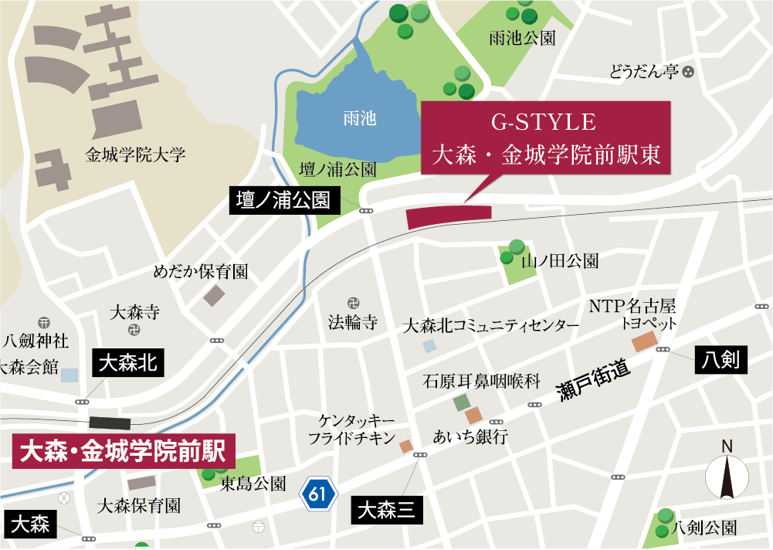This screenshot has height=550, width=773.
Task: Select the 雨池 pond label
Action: click(359, 119)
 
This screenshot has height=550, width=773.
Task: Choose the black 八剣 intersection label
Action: click(721, 359)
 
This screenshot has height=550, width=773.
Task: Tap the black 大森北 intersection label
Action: click(129, 363)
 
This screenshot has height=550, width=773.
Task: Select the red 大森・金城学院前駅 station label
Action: click(124, 451)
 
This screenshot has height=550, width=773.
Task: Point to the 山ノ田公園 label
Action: click(560, 261)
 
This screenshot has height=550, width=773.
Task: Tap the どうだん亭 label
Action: click(643, 73)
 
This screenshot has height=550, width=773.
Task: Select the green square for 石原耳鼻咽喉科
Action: click(461, 402)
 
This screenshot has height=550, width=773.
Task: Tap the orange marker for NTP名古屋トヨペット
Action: click(643, 342)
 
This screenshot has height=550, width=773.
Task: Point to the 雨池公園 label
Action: click(522, 38)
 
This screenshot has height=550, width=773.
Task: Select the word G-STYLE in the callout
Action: click(544, 123)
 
